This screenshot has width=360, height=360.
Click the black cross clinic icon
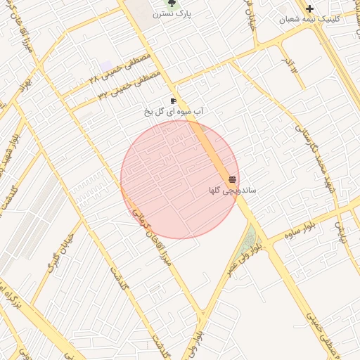309,8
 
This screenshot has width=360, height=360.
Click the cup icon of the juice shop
173,101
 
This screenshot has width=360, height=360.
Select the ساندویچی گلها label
233,190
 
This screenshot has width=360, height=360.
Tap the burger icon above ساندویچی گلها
232,179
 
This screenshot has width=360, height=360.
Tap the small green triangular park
247,241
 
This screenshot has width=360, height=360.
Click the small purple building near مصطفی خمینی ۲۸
105,65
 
